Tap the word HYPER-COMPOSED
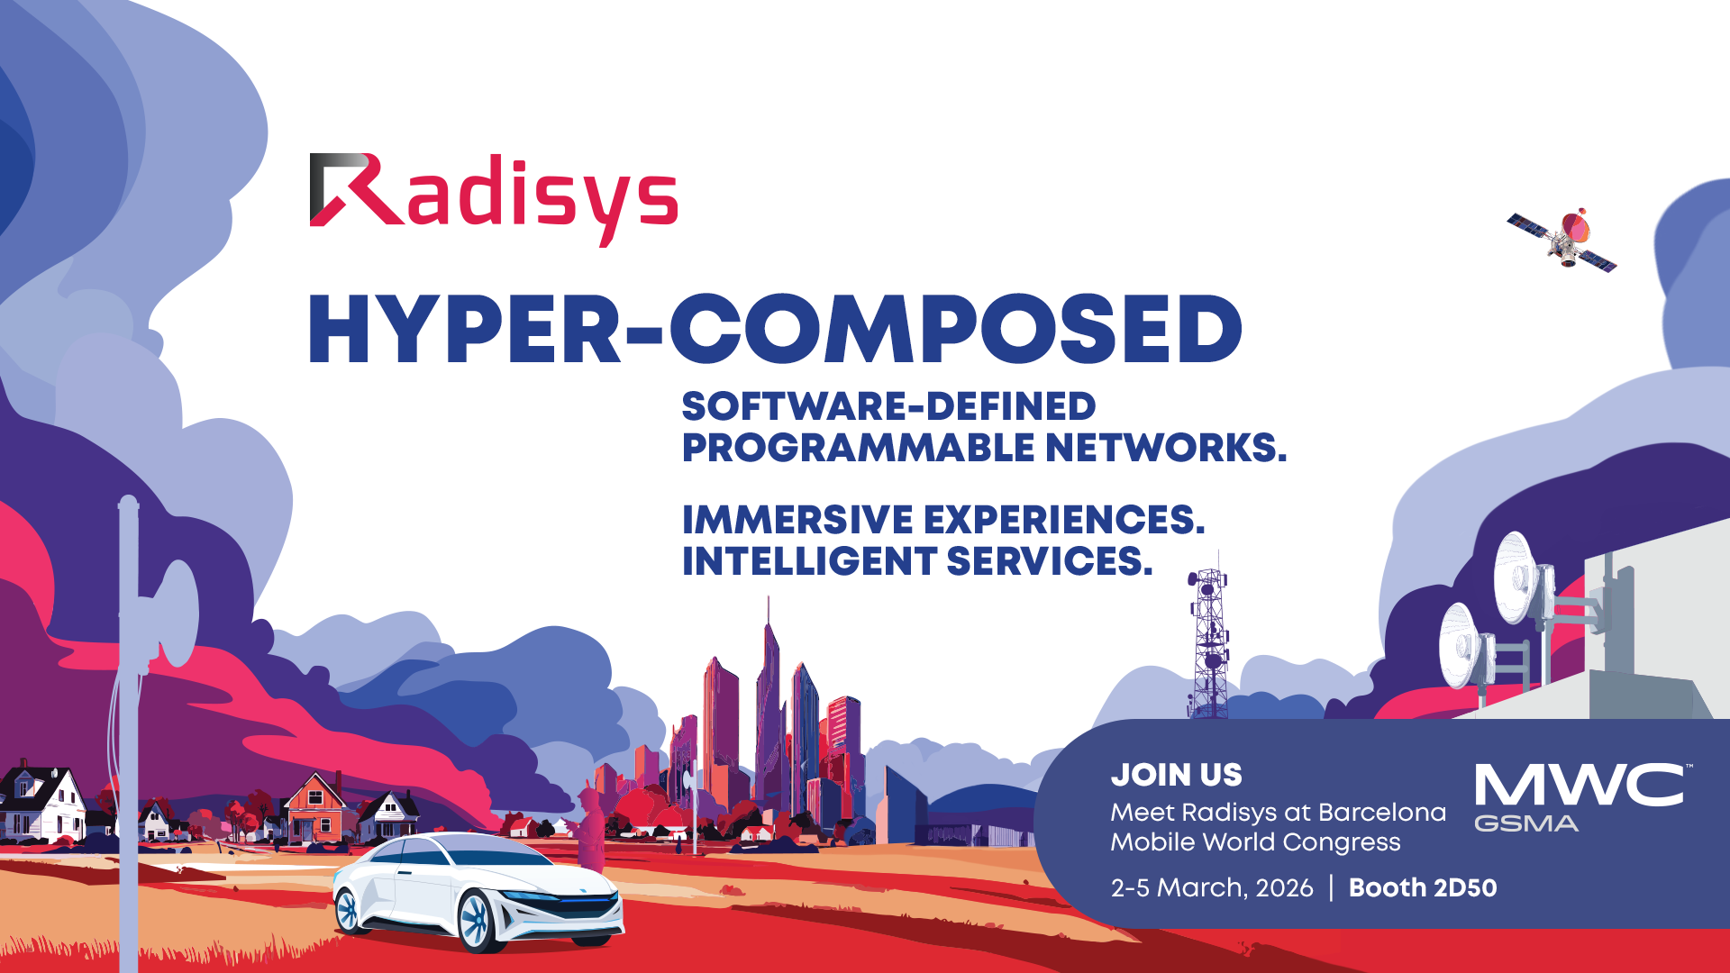[775, 330]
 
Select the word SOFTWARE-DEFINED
[888, 406]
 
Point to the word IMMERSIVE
[797, 520]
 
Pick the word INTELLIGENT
[809, 561]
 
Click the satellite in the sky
[1563, 239]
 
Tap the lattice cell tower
[1208, 644]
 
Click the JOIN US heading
[1176, 775]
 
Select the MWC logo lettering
[1579, 786]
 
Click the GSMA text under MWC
[1525, 823]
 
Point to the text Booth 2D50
[1422, 887]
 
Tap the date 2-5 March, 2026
[1211, 887]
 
